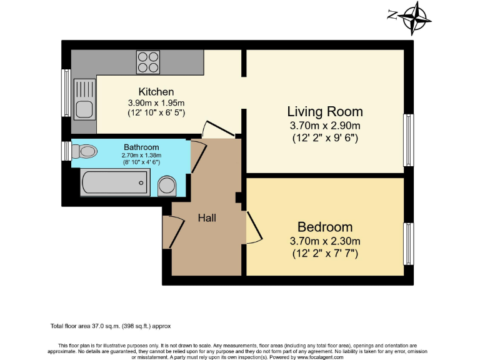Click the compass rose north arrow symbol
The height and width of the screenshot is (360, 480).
[413, 17]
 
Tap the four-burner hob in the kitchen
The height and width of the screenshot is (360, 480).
[147, 62]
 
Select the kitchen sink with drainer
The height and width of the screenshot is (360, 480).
[84, 99]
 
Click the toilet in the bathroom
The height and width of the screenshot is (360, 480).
[84, 151]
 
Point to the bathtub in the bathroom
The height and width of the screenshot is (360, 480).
[114, 183]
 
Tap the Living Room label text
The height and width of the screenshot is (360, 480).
[324, 112]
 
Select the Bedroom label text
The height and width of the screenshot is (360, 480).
[324, 227]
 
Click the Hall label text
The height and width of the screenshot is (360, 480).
[207, 218]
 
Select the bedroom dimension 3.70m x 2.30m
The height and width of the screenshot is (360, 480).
[324, 241]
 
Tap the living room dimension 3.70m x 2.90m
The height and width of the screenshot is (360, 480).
[324, 126]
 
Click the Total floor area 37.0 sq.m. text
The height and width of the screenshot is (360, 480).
[110, 326]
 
